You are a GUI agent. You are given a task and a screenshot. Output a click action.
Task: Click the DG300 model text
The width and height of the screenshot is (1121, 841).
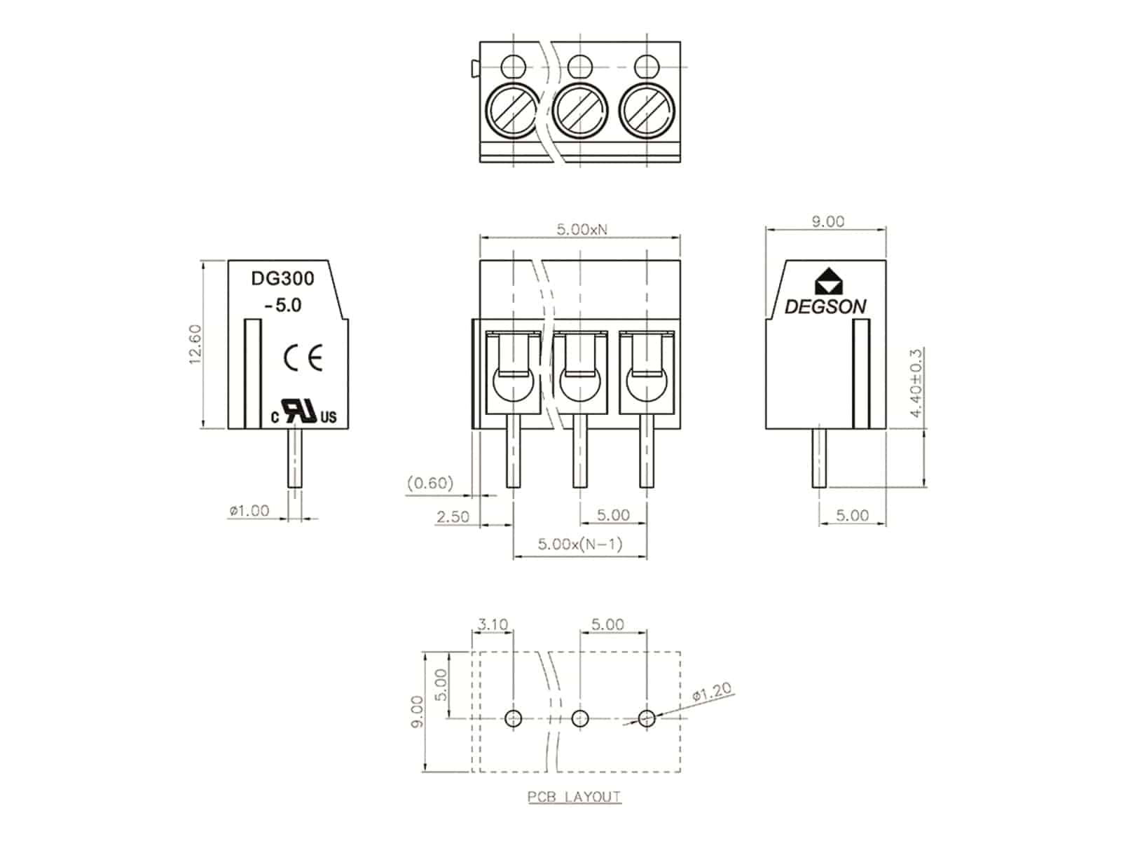click(282, 278)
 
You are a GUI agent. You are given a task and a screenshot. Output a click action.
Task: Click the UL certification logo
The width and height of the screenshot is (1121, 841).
click(304, 411)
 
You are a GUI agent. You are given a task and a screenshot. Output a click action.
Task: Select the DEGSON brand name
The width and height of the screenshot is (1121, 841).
click(825, 306)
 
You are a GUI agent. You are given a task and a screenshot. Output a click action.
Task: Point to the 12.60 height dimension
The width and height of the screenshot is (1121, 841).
click(195, 344)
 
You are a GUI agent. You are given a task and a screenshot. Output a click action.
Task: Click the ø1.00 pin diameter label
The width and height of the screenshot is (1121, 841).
click(249, 510)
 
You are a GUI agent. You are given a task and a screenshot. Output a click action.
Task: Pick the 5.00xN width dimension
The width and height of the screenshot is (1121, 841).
click(582, 229)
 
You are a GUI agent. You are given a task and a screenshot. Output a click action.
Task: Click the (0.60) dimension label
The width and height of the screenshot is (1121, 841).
click(430, 483)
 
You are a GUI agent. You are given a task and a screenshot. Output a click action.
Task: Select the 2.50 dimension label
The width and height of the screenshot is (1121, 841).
click(453, 517)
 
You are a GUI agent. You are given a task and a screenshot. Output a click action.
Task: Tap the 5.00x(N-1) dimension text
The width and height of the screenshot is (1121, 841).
click(580, 545)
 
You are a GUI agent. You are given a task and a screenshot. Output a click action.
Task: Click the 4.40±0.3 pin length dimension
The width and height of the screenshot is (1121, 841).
click(916, 383)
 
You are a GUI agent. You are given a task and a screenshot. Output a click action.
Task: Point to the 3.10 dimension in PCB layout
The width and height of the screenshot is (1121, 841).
click(493, 624)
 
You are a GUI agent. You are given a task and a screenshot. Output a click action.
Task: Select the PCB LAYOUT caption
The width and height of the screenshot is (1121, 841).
click(575, 797)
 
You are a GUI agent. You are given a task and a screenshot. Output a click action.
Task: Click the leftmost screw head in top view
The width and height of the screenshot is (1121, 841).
click(513, 110)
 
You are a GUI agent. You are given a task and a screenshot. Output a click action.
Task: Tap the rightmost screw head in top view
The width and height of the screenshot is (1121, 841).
click(647, 110)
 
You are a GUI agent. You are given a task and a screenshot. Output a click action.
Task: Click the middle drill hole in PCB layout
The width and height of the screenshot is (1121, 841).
click(580, 718)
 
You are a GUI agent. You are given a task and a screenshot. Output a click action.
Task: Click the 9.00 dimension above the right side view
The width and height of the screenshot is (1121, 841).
click(828, 221)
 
